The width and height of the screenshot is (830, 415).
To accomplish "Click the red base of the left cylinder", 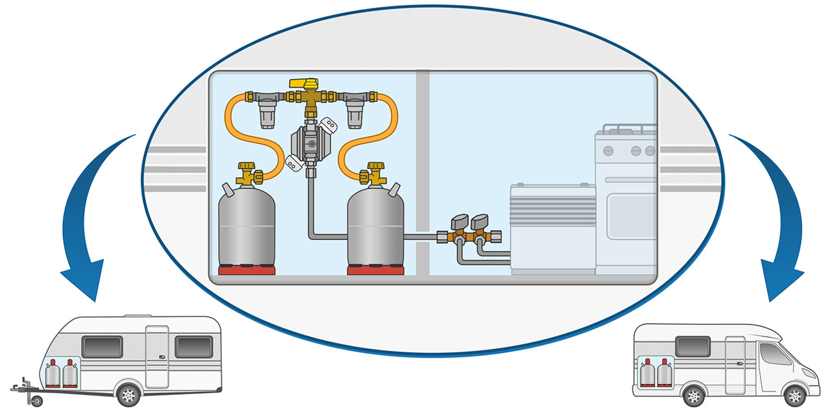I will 246,270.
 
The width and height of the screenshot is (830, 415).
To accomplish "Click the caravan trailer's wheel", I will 129,393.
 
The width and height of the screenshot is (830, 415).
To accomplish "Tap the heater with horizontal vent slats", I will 552,227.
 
